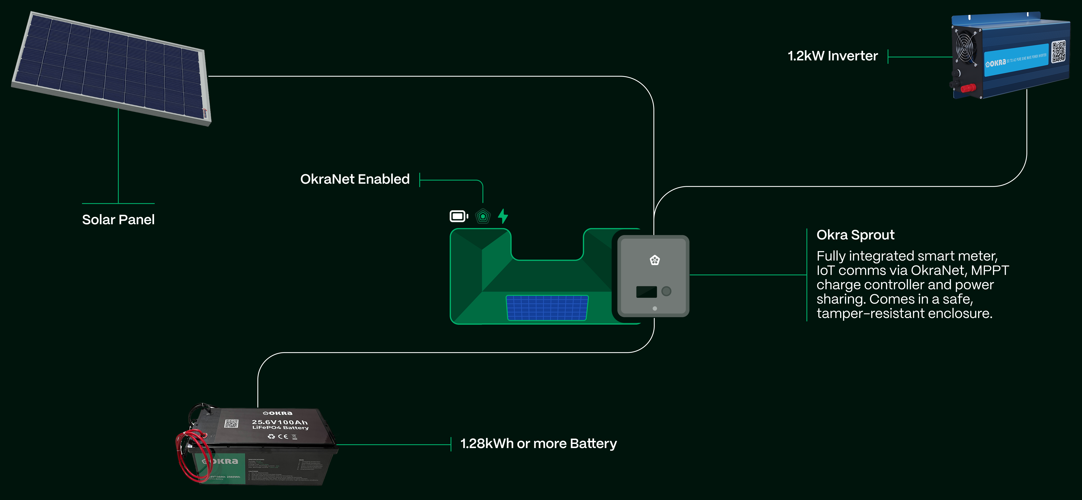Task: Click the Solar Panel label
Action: tap(118, 220)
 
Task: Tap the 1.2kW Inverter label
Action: tap(832, 56)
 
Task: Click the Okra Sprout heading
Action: tap(855, 235)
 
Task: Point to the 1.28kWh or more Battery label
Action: tap(538, 444)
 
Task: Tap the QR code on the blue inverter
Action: tap(1059, 52)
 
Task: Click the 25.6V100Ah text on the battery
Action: tap(280, 422)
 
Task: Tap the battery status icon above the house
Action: tap(459, 216)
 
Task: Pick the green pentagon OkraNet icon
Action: tap(483, 216)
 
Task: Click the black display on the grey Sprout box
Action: tap(646, 292)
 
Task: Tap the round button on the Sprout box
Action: tap(666, 291)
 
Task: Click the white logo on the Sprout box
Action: tap(654, 260)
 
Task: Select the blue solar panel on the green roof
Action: tap(547, 308)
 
